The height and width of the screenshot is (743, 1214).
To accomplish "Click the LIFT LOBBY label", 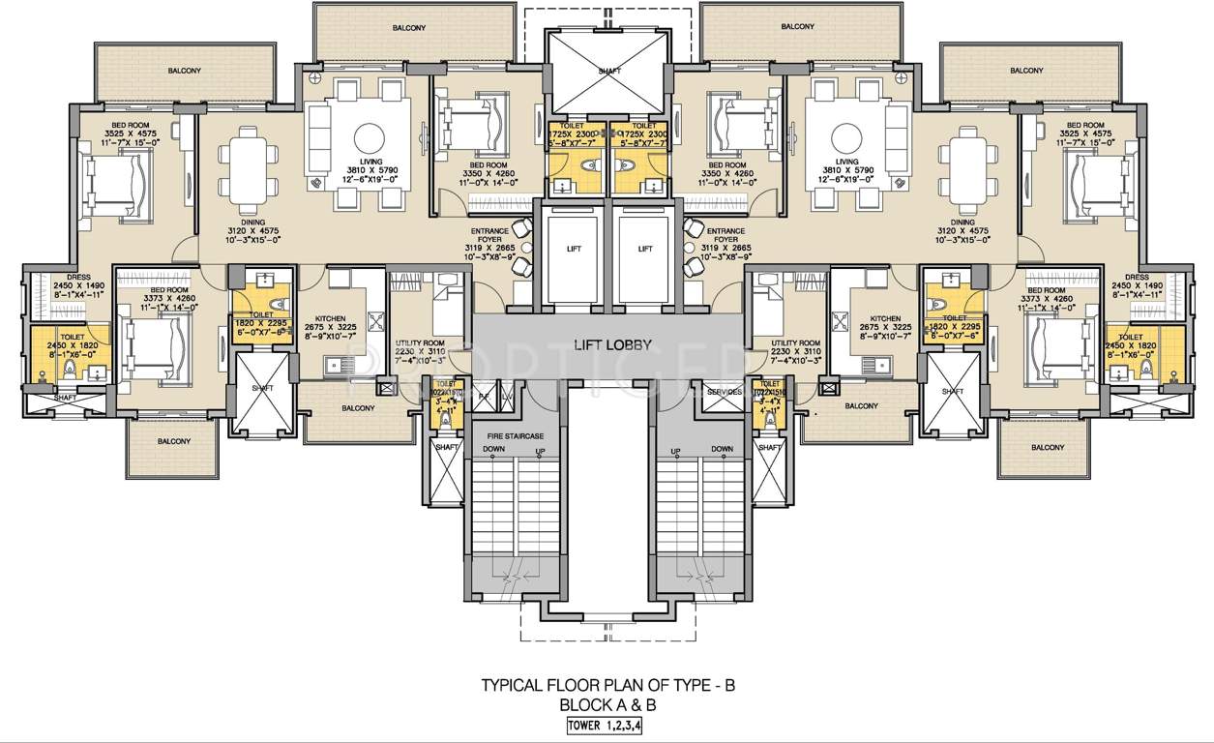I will (x=607, y=344).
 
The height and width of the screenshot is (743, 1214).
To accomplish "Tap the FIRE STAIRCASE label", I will (x=509, y=436).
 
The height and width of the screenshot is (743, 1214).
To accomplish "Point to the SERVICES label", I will (x=725, y=392).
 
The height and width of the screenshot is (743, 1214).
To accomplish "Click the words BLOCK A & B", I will (x=608, y=705).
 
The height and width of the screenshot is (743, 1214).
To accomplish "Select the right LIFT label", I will (x=645, y=249).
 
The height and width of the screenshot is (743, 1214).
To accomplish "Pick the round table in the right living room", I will (x=846, y=134).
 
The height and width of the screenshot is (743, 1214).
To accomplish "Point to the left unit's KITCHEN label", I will (x=331, y=318).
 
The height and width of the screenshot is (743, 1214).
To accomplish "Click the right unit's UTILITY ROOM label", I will (x=795, y=343).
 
